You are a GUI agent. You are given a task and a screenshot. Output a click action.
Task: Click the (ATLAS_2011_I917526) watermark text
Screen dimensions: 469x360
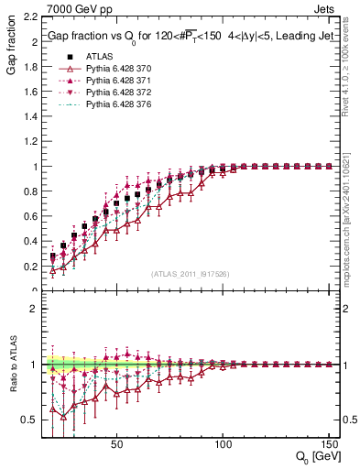click(x=189, y=273)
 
